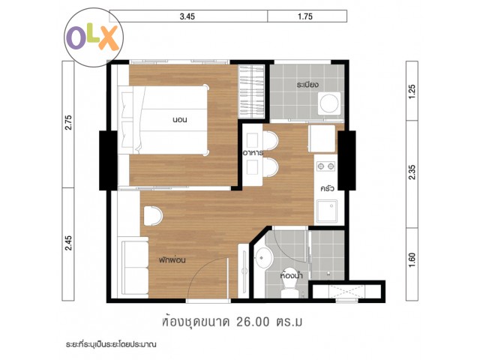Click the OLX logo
pyautogui.click(x=93, y=38)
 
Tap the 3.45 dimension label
pyautogui.click(x=187, y=16)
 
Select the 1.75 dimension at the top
pyautogui.click(x=305, y=16)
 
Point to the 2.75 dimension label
pyautogui.click(x=68, y=122)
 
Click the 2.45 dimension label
pyautogui.click(x=68, y=243)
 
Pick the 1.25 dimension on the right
pyautogui.click(x=412, y=91)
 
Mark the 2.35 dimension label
pyautogui.click(x=412, y=172)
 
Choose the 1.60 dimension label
pyautogui.click(x=412, y=259)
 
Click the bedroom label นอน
pyautogui.click(x=180, y=120)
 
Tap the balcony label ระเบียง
pyautogui.click(x=307, y=85)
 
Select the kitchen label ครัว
pyautogui.click(x=327, y=188)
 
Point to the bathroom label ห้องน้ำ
pyautogui.click(x=291, y=275)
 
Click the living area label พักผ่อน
pyautogui.click(x=172, y=260)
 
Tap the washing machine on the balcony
pyautogui.click(x=329, y=103)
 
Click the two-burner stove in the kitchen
pyautogui.click(x=325, y=166)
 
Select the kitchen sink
pyautogui.click(x=327, y=211)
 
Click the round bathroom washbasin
pyautogui.click(x=264, y=257)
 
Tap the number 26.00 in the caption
pyautogui.click(x=253, y=322)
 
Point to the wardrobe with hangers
pyautogui.click(x=251, y=91)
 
